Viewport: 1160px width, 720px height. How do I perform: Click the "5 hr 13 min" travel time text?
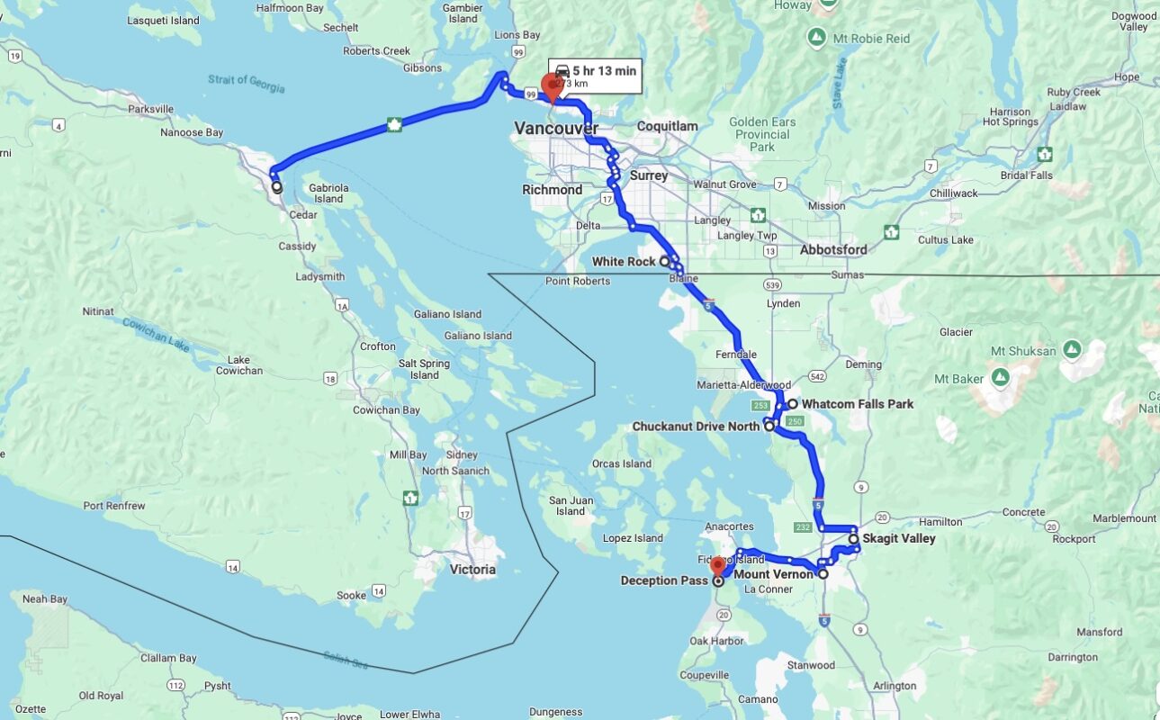point(604,71)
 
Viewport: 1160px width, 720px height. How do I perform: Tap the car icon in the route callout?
point(562,71)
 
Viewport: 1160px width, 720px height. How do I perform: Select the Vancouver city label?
point(556,129)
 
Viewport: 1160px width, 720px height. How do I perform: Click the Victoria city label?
point(472,570)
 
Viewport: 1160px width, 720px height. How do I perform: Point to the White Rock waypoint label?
point(624,262)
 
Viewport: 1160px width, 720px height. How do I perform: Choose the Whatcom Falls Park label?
point(857,404)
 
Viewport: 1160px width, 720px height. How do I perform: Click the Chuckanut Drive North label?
point(696,427)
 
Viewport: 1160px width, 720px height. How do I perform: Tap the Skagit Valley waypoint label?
point(898,539)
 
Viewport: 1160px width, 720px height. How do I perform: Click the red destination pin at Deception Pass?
point(718,567)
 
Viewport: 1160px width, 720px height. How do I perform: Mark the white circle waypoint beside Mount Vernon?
point(823,573)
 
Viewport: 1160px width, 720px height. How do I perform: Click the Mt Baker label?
point(959,379)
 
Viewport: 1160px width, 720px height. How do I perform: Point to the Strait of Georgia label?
point(247,84)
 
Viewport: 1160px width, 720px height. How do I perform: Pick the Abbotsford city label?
point(832,250)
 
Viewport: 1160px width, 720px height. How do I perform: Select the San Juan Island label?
point(571,506)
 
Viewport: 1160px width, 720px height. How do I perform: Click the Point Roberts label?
point(578,282)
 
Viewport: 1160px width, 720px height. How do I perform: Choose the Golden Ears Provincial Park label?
point(762,134)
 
